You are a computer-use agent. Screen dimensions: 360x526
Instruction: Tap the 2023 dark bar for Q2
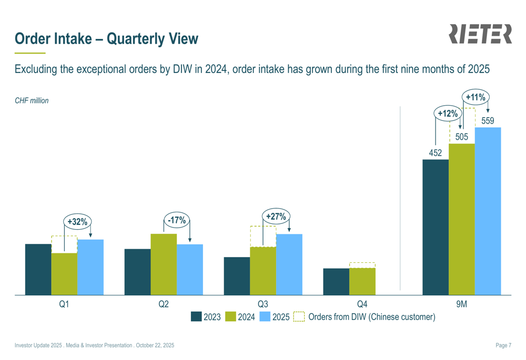137,272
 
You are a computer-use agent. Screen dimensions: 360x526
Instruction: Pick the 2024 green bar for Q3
263,271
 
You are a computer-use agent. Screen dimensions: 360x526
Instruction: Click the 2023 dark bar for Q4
336,282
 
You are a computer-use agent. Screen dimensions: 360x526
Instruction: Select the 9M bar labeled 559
488,211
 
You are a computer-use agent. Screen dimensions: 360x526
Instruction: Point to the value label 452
436,153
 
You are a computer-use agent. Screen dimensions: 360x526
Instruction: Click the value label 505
462,137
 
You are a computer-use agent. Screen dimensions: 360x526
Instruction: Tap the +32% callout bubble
77,222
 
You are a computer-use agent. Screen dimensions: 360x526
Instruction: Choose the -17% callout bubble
177,220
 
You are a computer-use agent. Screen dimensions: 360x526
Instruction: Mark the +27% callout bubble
276,217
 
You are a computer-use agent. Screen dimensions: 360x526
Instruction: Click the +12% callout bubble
448,114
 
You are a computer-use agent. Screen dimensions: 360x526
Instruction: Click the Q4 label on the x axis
362,304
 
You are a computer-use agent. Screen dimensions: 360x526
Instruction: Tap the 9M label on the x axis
461,304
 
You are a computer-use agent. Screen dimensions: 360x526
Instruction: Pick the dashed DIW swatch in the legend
299,317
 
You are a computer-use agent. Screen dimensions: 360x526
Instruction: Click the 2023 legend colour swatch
196,317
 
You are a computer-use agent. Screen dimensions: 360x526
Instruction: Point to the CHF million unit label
32,100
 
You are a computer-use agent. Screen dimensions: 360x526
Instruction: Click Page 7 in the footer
503,345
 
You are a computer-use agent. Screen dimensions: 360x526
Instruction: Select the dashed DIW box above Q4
362,265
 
